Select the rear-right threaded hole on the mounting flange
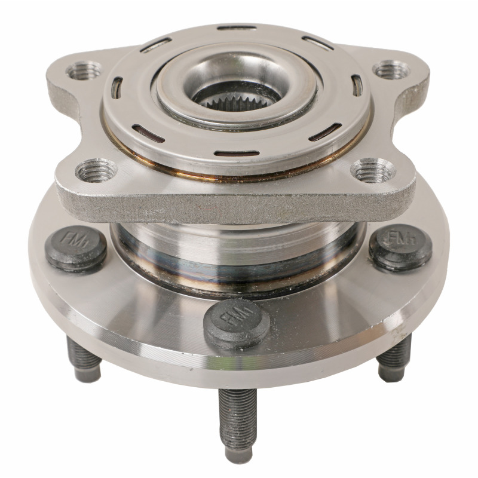point(391,69)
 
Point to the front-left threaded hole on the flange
point(96,171)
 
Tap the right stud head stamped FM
point(400,246)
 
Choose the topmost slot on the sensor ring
point(237,27)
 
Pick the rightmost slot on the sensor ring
point(357,85)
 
